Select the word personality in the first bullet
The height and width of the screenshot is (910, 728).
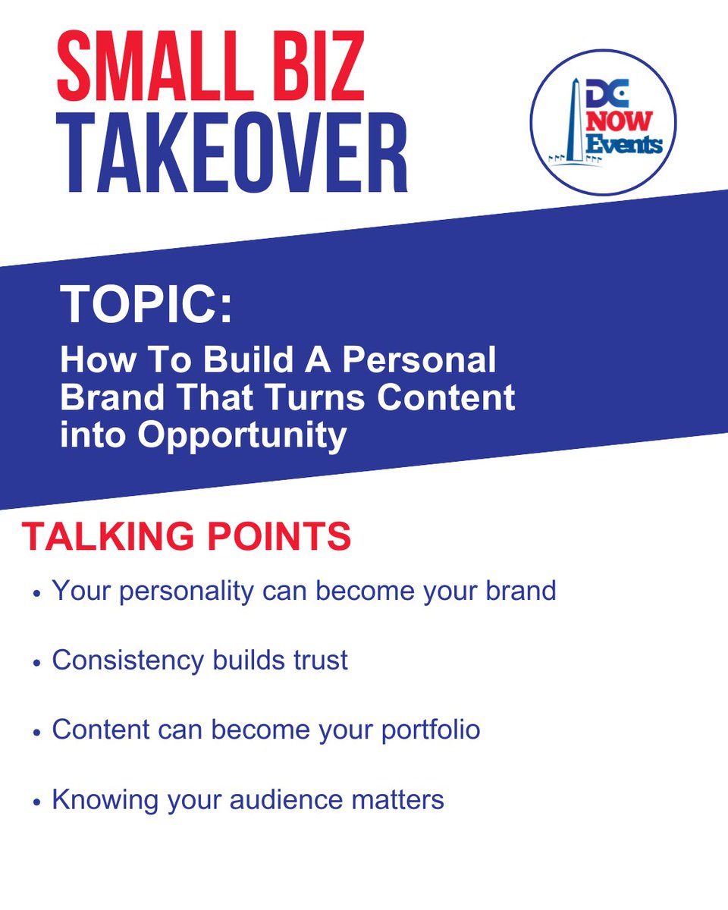[185, 591]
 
